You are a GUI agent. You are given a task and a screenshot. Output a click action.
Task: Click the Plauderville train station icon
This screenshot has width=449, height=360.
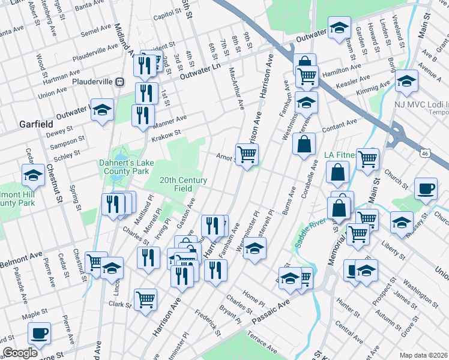click(x=120, y=81)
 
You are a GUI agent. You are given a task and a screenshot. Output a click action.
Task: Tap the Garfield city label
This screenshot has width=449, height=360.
click(x=37, y=124)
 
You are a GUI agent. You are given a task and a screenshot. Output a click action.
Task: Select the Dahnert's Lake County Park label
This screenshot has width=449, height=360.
click(x=124, y=167)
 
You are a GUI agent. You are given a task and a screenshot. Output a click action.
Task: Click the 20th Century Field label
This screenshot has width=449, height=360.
click(x=183, y=184)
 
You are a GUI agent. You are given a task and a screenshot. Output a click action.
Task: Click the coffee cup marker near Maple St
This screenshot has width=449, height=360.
click(x=40, y=333)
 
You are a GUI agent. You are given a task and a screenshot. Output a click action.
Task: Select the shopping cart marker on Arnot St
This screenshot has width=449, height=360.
click(x=247, y=155)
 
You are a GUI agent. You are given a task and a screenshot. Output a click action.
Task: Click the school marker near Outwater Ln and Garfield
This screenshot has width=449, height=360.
click(x=102, y=109)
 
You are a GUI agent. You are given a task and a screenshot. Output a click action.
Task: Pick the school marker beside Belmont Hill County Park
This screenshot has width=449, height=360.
click(x=34, y=175)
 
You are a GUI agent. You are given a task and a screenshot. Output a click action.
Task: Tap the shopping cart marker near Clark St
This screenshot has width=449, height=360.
click(x=146, y=299)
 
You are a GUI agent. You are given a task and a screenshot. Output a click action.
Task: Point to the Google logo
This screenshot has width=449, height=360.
click(x=20, y=352)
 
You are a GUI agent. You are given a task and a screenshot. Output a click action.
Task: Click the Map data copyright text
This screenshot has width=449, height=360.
click(x=423, y=355)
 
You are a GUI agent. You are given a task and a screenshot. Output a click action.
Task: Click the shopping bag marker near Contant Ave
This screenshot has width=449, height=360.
click(x=304, y=144)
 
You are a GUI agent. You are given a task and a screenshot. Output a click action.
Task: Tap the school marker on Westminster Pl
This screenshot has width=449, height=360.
click(x=255, y=248)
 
